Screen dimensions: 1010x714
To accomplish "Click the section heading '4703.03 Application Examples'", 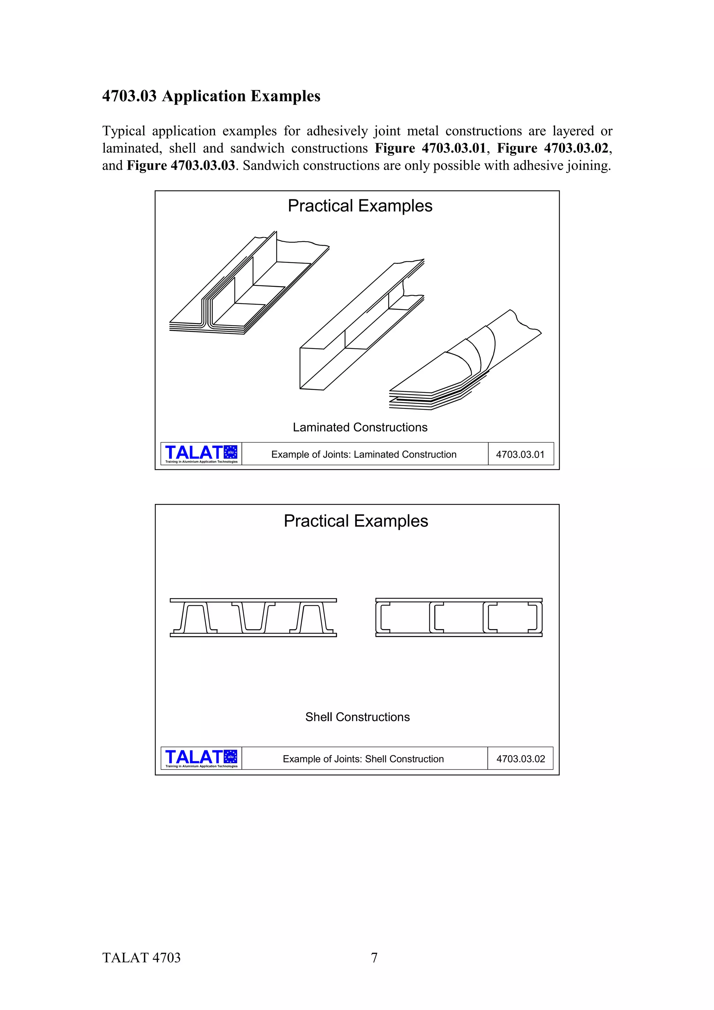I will (211, 96).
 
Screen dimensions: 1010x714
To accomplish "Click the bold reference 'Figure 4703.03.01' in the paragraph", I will (430, 148).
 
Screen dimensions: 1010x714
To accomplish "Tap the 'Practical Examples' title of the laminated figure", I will (360, 206).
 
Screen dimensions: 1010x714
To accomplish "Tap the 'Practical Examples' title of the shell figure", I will (356, 521).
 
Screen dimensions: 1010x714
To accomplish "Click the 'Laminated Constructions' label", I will (360, 427).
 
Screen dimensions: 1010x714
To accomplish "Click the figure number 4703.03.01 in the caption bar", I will (520, 454).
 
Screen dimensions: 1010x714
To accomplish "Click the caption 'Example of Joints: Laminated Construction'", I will (364, 454).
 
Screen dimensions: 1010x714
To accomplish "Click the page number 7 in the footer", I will (374, 958).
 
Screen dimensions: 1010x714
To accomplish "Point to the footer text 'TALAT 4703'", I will (141, 958).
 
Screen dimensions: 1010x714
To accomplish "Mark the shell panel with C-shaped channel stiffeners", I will (458, 617).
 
